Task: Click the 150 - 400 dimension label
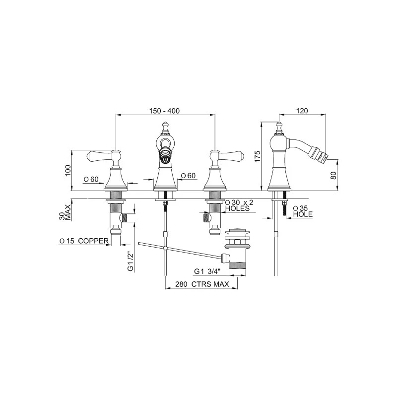[164, 111]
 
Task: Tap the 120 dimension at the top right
[302, 111]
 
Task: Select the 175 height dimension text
[257, 156]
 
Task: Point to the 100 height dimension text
[68, 170]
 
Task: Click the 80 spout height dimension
[333, 176]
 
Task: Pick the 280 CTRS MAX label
[202, 284]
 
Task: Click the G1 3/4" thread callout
[207, 271]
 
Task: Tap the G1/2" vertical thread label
[131, 262]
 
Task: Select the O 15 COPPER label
[84, 241]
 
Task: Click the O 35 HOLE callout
[303, 211]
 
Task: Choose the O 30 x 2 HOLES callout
[239, 205]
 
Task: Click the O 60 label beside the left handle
[91, 179]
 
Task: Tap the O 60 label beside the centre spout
[189, 176]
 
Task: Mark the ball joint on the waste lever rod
[165, 248]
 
